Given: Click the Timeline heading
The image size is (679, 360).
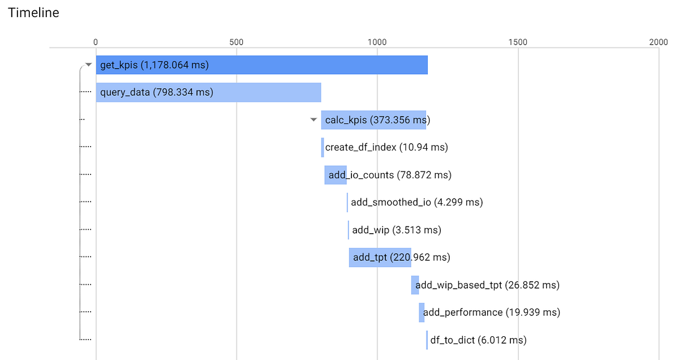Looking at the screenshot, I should point(33,12).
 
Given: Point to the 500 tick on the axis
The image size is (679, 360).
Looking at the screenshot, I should point(237,42).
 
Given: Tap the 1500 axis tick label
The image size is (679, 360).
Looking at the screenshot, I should point(518,42).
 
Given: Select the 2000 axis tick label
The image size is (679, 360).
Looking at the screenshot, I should point(659,42).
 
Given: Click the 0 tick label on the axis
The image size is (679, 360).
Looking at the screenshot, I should point(96,42).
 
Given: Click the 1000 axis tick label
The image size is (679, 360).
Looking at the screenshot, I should point(377,42).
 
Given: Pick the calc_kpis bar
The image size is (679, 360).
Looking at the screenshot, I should point(373,120).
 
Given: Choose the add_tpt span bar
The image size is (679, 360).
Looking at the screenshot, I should point(380,258).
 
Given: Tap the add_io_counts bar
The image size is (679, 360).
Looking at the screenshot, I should point(336,175).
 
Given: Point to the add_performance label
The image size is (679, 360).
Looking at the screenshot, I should point(492,312).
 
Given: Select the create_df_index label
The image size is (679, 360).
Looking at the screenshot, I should point(386,148).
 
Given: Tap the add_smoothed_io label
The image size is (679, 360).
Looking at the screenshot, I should point(417,202).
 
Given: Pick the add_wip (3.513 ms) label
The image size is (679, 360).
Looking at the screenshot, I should point(397,230).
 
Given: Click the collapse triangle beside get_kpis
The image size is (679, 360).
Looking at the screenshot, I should point(88,65).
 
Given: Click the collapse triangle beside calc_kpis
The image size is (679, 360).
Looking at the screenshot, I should point(313,120).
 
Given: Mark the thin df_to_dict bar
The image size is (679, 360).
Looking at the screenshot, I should point(427,340).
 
